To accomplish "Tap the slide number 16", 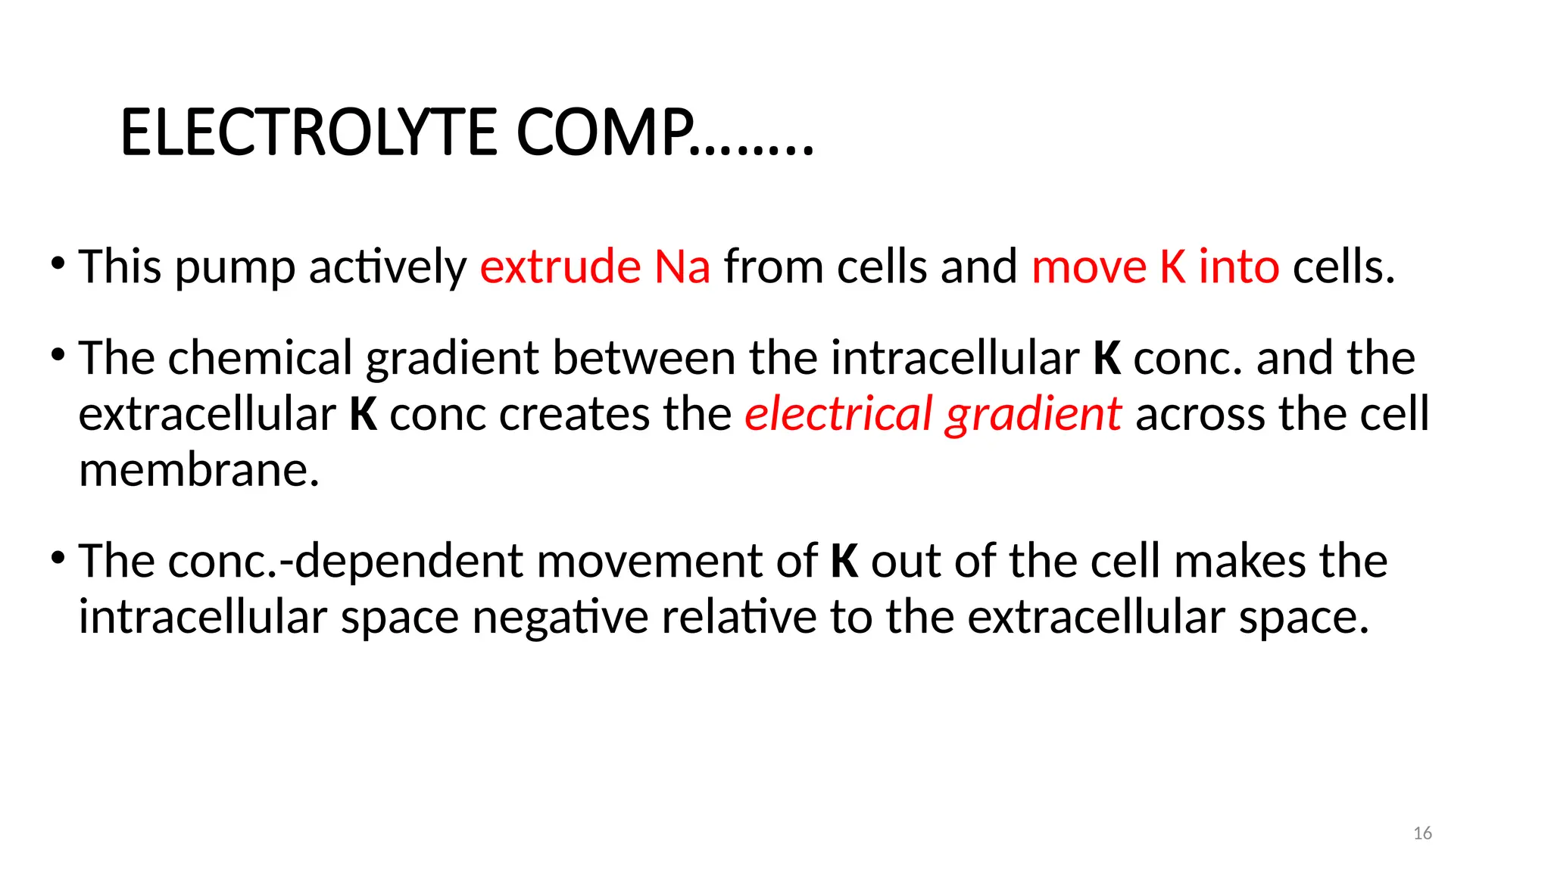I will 1422,833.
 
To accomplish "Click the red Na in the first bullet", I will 682,266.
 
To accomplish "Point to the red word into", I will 1239,266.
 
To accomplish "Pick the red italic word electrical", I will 838,414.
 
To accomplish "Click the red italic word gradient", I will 1033,414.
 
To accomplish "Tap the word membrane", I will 199,470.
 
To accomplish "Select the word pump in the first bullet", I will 235,268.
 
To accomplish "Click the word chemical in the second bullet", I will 261,357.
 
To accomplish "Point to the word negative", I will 560,617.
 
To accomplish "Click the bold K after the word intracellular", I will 1106,358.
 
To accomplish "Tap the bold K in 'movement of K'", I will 844,561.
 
